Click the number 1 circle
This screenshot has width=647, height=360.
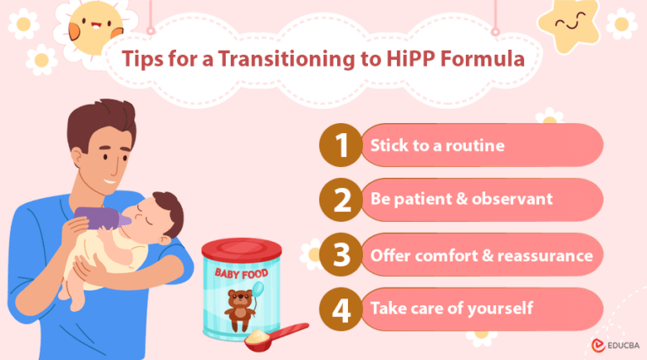[x=340, y=146]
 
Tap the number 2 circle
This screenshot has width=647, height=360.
[x=340, y=201]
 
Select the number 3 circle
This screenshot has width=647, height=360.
[x=340, y=255]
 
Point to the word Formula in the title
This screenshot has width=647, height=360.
[x=484, y=60]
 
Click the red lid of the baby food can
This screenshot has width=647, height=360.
[x=242, y=248]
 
